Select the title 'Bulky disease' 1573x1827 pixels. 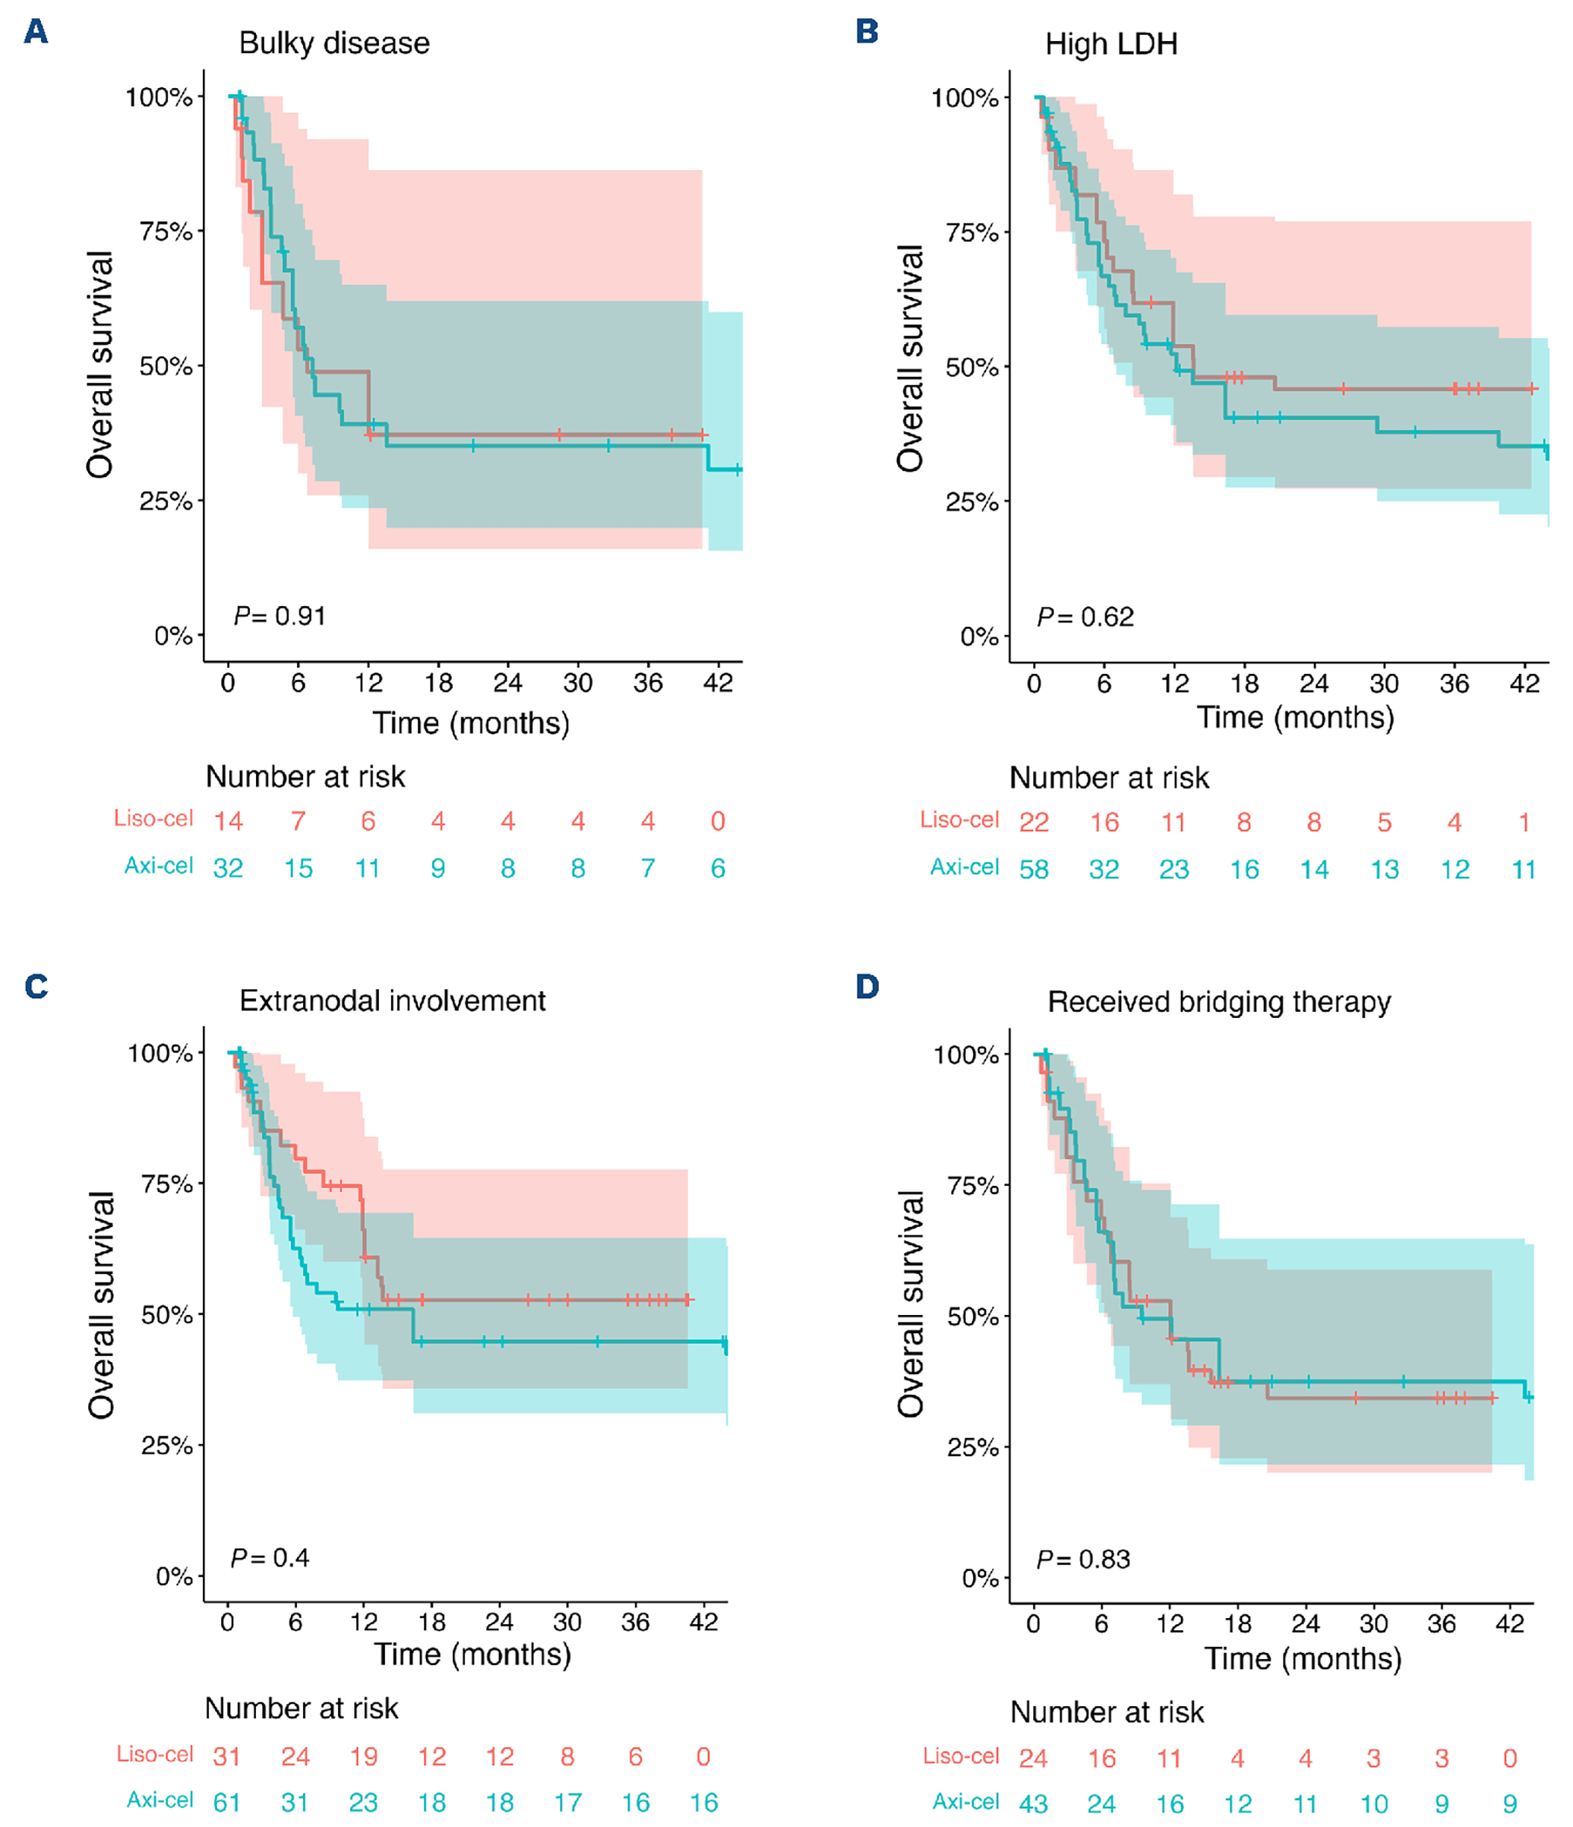(334, 43)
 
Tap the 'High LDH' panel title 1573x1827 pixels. (1111, 44)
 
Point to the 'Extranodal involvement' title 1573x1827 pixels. (393, 1000)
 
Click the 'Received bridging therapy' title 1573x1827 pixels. (1218, 1003)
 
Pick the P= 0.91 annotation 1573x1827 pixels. (280, 615)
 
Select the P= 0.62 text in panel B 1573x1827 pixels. (1085, 617)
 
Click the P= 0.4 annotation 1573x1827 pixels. (270, 1558)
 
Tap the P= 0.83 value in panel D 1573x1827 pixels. (1083, 1560)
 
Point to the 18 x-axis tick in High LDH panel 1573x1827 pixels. (1244, 684)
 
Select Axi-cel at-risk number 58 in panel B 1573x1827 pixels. (1034, 871)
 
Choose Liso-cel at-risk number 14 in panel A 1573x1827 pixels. (229, 822)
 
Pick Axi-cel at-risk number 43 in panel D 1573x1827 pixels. (1034, 1804)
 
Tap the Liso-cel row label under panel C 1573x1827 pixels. (155, 1755)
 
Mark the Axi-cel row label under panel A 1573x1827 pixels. (159, 866)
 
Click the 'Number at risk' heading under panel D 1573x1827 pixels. (1107, 1712)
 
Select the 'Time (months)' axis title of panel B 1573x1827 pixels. (1295, 718)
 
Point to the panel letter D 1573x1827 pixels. (867, 986)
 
